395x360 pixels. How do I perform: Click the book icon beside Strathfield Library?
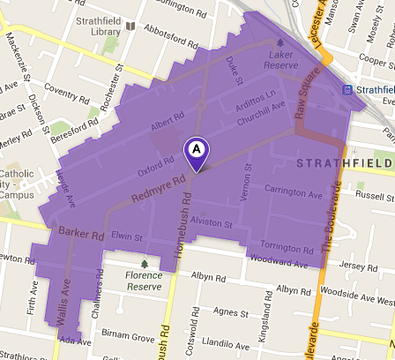click(x=130, y=26)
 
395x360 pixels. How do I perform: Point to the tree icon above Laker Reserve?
click(x=280, y=41)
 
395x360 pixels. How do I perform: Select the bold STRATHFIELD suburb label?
click(x=345, y=164)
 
